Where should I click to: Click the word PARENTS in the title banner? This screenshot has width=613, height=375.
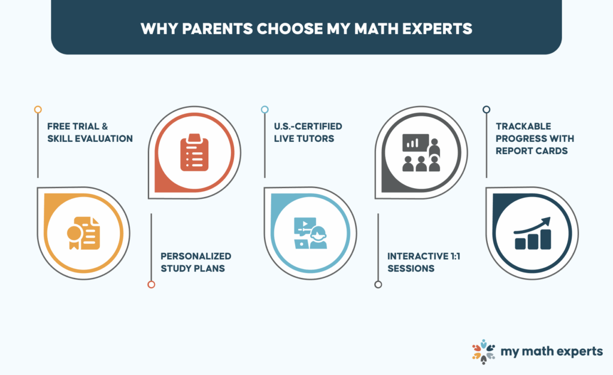[x=217, y=29]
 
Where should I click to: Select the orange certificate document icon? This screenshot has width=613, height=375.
[x=83, y=233]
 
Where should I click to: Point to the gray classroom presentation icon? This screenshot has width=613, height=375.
[x=421, y=153]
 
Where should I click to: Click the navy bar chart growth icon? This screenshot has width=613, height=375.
[x=532, y=234]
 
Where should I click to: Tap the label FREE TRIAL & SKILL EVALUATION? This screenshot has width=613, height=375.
[x=90, y=132]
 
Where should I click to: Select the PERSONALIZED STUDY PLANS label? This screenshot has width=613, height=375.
[x=196, y=262]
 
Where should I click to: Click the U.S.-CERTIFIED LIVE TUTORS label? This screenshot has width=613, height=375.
[x=308, y=132]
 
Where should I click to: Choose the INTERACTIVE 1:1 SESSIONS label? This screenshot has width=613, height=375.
[x=424, y=262]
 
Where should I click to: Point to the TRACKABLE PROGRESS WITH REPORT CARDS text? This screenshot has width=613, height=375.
[x=535, y=138]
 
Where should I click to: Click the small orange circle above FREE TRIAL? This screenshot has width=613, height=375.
[x=38, y=110]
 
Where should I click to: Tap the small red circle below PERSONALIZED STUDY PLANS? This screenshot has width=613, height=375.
[x=151, y=285]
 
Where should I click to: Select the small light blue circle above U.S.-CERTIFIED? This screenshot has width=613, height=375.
[x=265, y=110]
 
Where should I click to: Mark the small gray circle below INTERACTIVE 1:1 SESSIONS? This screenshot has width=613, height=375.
[x=378, y=285]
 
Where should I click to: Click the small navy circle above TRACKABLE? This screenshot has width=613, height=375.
[x=486, y=110]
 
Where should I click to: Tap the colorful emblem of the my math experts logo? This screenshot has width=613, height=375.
[x=484, y=352]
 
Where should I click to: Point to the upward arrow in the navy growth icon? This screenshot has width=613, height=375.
[x=532, y=225]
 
